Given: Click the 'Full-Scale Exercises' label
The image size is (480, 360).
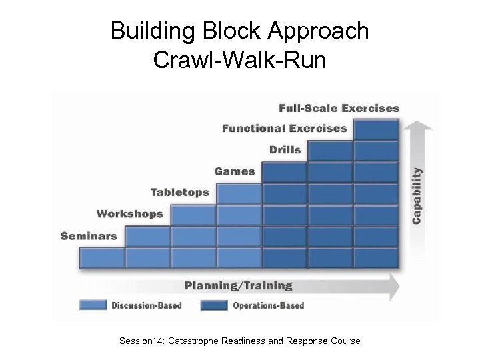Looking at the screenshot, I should click(x=339, y=108).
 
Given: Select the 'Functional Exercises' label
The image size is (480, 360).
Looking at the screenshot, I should click(x=285, y=128).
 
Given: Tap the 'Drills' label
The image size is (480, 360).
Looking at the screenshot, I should click(x=285, y=149).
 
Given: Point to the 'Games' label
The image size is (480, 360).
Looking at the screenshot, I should click(x=235, y=171).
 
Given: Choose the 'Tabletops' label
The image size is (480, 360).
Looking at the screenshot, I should click(x=179, y=193).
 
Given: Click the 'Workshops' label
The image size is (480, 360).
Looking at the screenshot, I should click(x=130, y=214).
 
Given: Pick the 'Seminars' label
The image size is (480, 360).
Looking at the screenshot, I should click(x=89, y=235).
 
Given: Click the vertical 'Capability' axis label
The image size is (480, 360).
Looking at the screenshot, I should click(x=417, y=195).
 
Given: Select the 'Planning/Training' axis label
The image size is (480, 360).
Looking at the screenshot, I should click(x=239, y=285).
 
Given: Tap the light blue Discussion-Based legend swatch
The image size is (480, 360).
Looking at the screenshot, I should click(x=93, y=305).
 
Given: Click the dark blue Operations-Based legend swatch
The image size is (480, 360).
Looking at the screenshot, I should click(x=214, y=305).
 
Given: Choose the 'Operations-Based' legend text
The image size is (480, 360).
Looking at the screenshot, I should click(x=268, y=306).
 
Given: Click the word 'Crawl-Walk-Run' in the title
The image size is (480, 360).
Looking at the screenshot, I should click(x=239, y=60).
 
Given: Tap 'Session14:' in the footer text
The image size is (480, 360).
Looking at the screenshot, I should click(x=142, y=341).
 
